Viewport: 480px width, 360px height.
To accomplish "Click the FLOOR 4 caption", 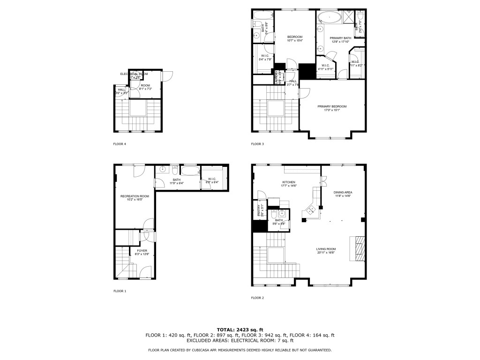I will coord(120,144).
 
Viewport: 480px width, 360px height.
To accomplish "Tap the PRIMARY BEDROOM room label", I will coord(332,106).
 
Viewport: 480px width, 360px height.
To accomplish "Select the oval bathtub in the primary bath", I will coord(330,18).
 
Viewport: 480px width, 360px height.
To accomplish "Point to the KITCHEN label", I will coord(288,182).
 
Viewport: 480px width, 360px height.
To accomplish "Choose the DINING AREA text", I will coord(343,192).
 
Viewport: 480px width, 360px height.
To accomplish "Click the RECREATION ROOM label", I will coord(135,196).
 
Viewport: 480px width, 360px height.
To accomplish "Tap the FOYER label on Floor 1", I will coord(142,251).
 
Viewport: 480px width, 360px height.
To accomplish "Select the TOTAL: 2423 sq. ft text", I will coord(240,330).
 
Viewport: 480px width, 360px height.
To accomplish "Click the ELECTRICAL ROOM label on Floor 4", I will coord(134,74).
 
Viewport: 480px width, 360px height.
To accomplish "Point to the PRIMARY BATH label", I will coord(340,38).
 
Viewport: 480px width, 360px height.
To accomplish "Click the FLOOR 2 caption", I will coord(257,298).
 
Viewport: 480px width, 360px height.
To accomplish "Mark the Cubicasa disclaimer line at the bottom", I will coord(240,350).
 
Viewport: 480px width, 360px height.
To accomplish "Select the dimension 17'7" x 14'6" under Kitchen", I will coord(288,186).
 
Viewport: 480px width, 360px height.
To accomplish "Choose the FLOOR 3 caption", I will coord(257,144).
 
